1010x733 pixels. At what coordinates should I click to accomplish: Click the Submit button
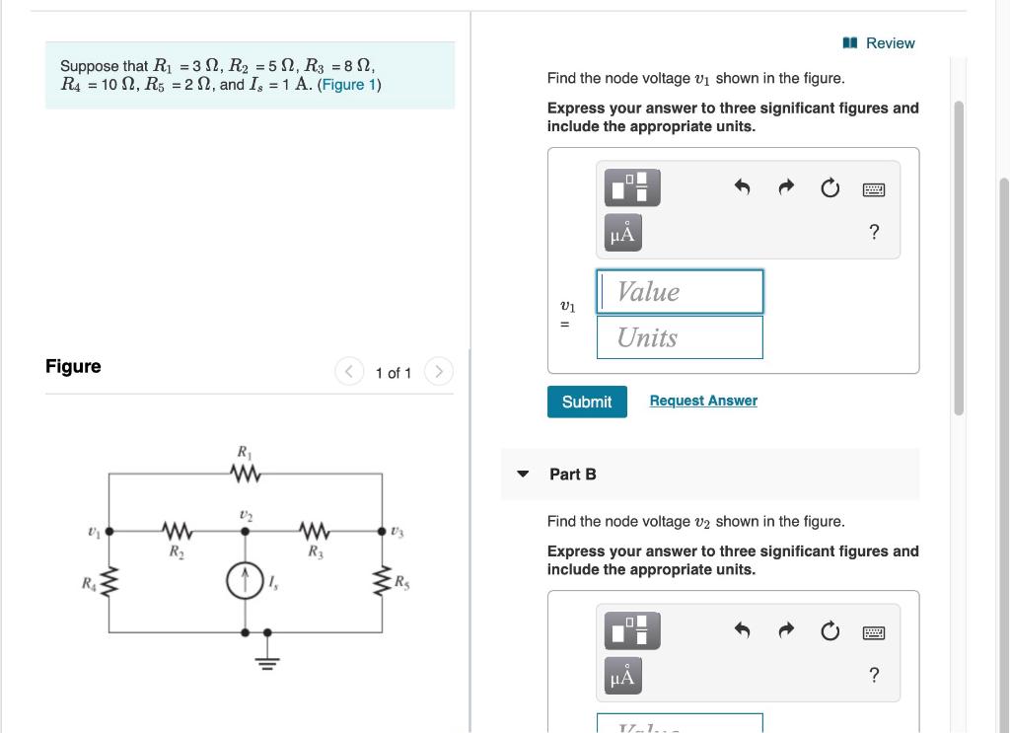[587, 402]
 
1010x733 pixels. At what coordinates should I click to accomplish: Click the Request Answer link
[703, 401]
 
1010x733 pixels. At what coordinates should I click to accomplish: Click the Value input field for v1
[680, 292]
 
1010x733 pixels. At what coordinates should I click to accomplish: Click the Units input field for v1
[680, 337]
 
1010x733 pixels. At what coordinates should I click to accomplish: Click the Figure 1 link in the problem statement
[348, 85]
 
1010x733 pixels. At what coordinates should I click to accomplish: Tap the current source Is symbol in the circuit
[245, 582]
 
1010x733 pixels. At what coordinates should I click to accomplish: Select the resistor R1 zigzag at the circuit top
[244, 475]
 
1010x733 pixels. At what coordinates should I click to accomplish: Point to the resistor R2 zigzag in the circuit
[177, 532]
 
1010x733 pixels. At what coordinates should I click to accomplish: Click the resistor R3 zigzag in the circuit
[314, 532]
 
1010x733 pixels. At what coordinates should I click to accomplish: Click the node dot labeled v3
[382, 532]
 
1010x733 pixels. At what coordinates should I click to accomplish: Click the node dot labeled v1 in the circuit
[108, 532]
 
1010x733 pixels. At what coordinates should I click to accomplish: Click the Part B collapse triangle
[523, 475]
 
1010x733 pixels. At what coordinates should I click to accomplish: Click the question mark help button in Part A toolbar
[873, 233]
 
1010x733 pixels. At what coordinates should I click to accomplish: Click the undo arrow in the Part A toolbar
[743, 187]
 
